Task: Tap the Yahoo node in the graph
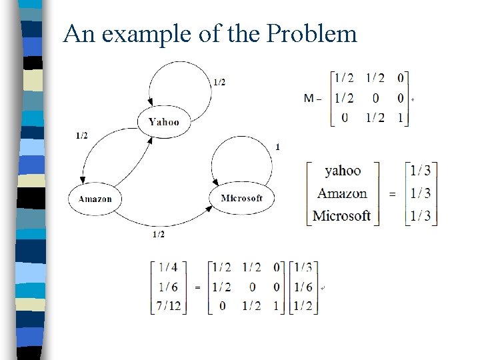(163, 121)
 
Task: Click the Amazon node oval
(95, 199)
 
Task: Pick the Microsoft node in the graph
(241, 198)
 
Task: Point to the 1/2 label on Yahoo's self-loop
(219, 82)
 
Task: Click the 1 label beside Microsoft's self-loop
(277, 147)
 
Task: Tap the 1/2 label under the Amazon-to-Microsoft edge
(159, 235)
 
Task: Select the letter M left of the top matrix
(309, 99)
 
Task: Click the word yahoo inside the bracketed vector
(343, 171)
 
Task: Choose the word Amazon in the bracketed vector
(342, 193)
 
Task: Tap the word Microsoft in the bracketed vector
(341, 215)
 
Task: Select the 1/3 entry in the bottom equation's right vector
(303, 268)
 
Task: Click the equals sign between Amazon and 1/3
(392, 194)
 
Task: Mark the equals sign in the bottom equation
(197, 287)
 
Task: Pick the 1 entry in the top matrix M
(400, 118)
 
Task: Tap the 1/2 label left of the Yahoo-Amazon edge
(81, 136)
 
